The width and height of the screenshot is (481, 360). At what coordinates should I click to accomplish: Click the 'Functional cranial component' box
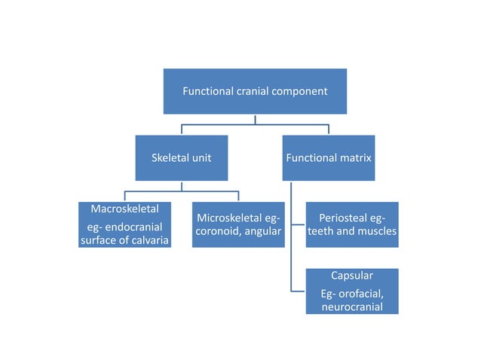coord(254,92)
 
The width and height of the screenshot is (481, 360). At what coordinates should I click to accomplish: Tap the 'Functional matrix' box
coord(329,158)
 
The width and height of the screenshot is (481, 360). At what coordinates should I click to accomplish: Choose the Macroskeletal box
coord(124,224)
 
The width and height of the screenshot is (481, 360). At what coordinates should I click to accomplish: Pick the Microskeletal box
coord(238,224)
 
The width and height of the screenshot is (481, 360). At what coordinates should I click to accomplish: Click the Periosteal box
coord(352,224)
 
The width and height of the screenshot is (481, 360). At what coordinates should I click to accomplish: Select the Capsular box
coord(352,291)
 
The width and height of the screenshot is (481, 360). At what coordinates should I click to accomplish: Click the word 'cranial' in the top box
coord(251,92)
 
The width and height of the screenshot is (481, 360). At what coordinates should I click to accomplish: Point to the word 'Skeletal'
coord(170,158)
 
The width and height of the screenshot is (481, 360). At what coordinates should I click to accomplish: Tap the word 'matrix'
coord(354,158)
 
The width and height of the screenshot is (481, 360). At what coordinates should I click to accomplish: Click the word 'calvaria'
coord(146,240)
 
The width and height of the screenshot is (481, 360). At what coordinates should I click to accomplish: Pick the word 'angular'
coord(264,232)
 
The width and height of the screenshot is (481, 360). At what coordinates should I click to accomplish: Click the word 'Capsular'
coord(352,276)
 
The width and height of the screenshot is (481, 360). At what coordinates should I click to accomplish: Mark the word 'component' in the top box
coord(299,92)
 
